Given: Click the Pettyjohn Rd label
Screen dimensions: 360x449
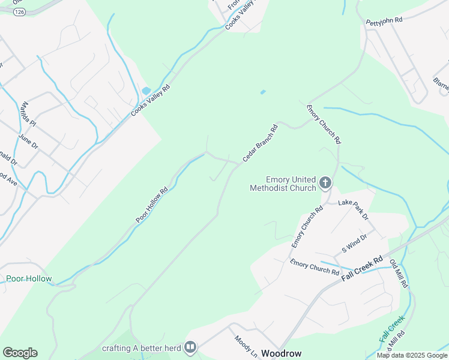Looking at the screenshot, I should [x=384, y=21].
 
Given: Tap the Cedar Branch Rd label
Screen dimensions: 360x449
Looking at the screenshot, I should [x=260, y=143].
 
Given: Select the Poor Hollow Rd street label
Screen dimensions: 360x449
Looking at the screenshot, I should [x=151, y=206].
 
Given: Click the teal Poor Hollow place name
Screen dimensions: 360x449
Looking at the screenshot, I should [x=29, y=279].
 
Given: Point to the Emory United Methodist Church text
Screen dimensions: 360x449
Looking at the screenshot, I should [x=283, y=184].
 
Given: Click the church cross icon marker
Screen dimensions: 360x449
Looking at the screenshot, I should [x=325, y=182].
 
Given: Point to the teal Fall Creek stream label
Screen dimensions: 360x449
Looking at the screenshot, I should [x=392, y=329].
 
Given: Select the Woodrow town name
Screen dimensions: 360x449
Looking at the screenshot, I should [x=282, y=353].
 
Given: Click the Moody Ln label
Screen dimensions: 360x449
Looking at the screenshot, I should [x=246, y=347].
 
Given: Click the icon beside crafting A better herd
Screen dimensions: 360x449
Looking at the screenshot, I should [x=190, y=347].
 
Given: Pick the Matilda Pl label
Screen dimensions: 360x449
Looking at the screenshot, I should [x=28, y=115].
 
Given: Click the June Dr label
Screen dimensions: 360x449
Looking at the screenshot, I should [x=28, y=142].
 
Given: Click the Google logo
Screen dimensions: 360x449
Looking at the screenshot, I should [x=20, y=353].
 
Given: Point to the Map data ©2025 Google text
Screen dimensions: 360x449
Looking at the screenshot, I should [x=412, y=355].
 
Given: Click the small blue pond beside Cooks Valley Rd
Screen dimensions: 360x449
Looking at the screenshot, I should [x=146, y=91].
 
